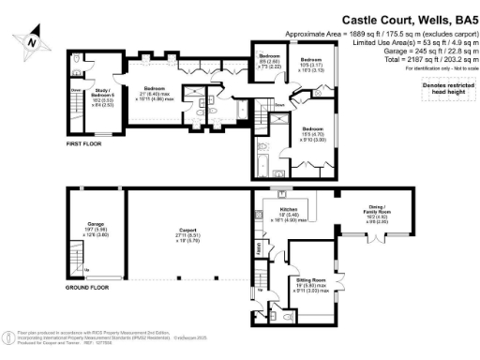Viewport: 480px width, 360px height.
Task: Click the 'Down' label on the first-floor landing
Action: [278, 106]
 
